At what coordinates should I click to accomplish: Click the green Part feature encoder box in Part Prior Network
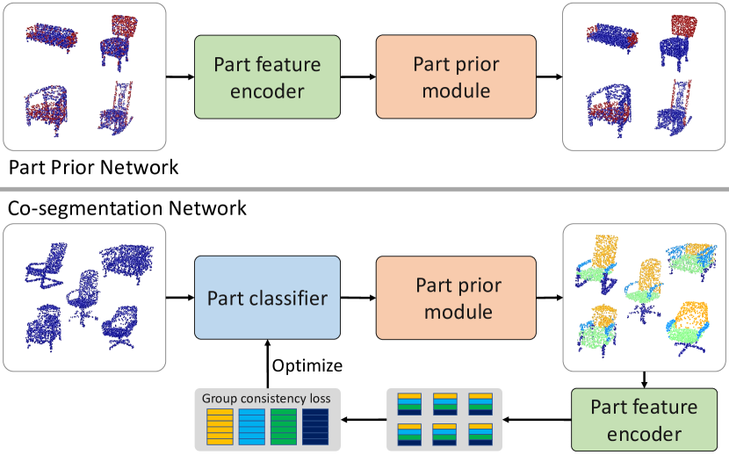click(267, 76)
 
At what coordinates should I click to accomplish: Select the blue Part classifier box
click(267, 298)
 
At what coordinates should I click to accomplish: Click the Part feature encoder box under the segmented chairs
click(644, 420)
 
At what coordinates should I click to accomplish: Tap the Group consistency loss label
click(265, 399)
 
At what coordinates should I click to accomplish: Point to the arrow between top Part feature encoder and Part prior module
click(357, 77)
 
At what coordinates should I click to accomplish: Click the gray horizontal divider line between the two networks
click(364, 188)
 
